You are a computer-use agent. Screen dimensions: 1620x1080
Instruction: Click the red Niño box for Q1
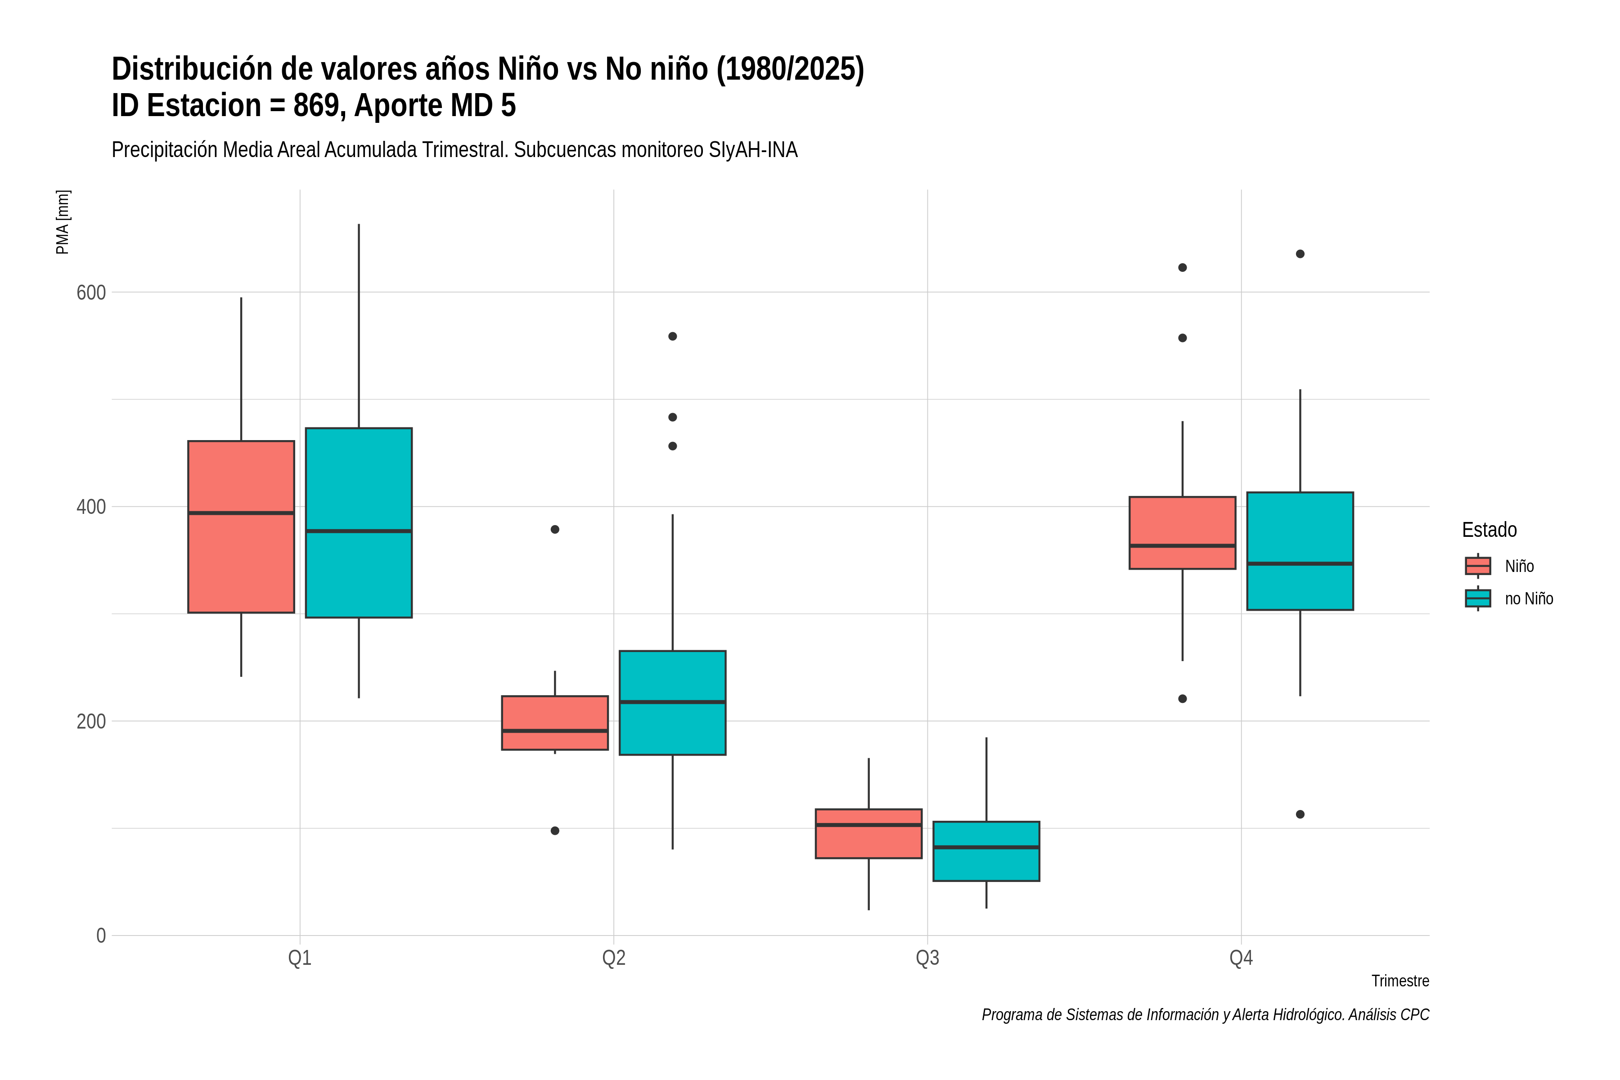(241, 527)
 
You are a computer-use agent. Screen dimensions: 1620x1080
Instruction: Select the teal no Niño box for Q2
(672, 702)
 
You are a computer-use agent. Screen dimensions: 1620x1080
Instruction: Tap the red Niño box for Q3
(868, 833)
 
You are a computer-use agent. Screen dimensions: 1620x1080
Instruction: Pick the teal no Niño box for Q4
(1300, 551)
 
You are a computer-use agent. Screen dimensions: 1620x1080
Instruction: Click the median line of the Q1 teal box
(359, 531)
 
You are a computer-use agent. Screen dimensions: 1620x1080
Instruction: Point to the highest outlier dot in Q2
(672, 336)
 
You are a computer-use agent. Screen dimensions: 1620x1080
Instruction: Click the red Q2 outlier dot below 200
(555, 831)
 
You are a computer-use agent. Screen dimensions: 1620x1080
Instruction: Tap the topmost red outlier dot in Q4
(1183, 267)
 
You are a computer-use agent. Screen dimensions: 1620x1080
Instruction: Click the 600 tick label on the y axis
(91, 293)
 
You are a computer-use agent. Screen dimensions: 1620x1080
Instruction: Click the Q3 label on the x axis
(927, 958)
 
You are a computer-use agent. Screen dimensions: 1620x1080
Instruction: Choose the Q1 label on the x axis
(300, 958)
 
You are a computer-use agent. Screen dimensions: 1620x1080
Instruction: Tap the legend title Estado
(1489, 530)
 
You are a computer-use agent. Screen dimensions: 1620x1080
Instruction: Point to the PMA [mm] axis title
(63, 222)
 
